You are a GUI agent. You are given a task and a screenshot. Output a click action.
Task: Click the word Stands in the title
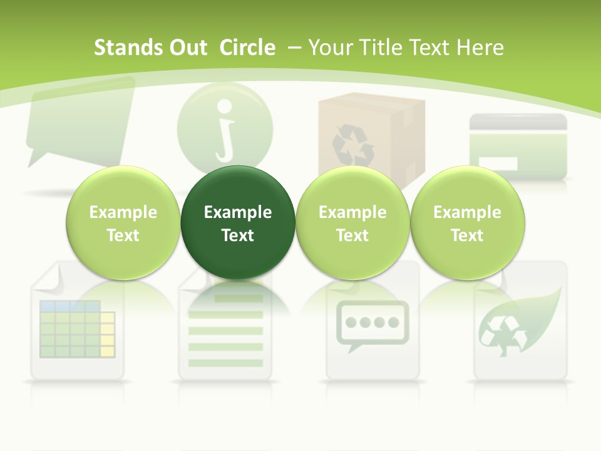click(128, 48)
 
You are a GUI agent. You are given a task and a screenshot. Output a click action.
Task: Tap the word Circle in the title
click(247, 48)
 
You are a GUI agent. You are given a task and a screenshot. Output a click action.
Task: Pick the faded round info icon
click(225, 122)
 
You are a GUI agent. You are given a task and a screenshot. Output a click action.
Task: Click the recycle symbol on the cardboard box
click(352, 143)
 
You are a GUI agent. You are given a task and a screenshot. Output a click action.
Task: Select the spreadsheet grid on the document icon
click(77, 328)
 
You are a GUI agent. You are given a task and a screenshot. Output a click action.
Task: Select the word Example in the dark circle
click(238, 212)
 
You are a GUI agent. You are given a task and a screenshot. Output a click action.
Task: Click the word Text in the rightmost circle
click(467, 236)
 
